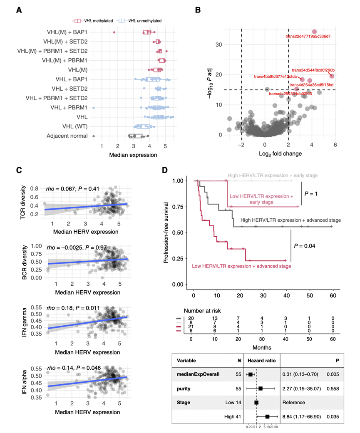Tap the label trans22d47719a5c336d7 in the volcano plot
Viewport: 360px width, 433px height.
308,37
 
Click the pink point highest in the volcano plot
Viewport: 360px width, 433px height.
314,32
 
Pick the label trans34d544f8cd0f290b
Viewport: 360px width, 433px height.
313,70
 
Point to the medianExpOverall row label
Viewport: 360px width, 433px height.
202,374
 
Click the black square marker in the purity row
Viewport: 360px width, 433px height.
261,388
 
